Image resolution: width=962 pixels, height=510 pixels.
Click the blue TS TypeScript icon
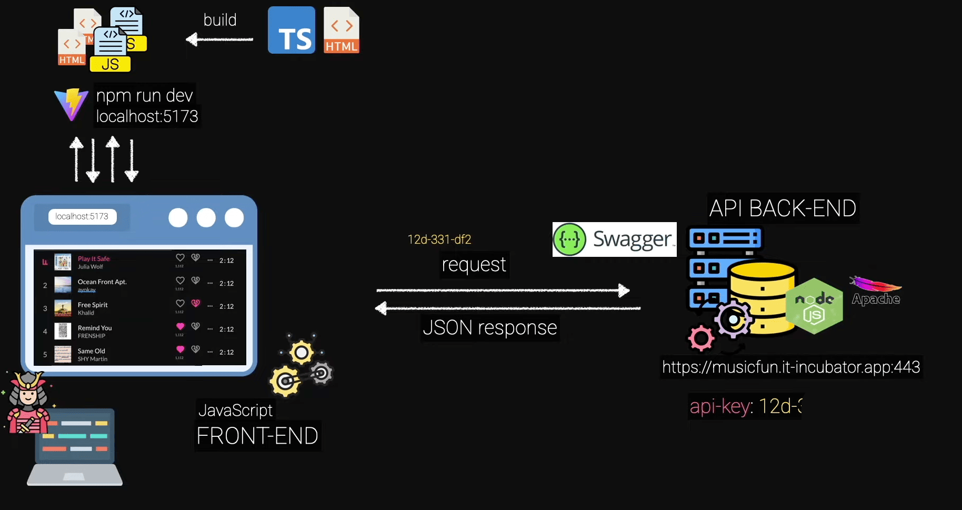pos(291,30)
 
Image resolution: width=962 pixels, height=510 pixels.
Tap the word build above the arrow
pos(220,20)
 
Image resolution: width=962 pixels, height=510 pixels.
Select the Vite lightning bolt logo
pos(71,104)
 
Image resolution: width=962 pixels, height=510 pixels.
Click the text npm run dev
pos(144,95)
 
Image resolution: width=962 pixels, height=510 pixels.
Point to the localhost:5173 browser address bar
pos(82,216)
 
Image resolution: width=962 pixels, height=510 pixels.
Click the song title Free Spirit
pos(93,305)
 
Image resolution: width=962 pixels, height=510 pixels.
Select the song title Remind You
pos(95,328)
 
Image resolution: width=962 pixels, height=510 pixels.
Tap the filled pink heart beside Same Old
pos(180,349)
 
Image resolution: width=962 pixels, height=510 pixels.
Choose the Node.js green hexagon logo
pos(814,306)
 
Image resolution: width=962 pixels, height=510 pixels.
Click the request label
pos(474,265)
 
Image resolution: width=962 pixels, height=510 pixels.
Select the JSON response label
pos(489,328)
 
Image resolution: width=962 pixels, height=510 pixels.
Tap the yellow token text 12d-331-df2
pos(439,239)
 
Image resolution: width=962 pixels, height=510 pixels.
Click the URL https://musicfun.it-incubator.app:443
pos(790,367)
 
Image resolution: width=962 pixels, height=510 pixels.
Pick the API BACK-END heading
pos(783,208)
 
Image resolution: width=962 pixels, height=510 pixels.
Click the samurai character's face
pos(28,395)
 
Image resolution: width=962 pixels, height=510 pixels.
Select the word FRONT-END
pos(257,436)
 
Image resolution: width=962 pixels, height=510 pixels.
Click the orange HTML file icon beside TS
pos(341,30)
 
